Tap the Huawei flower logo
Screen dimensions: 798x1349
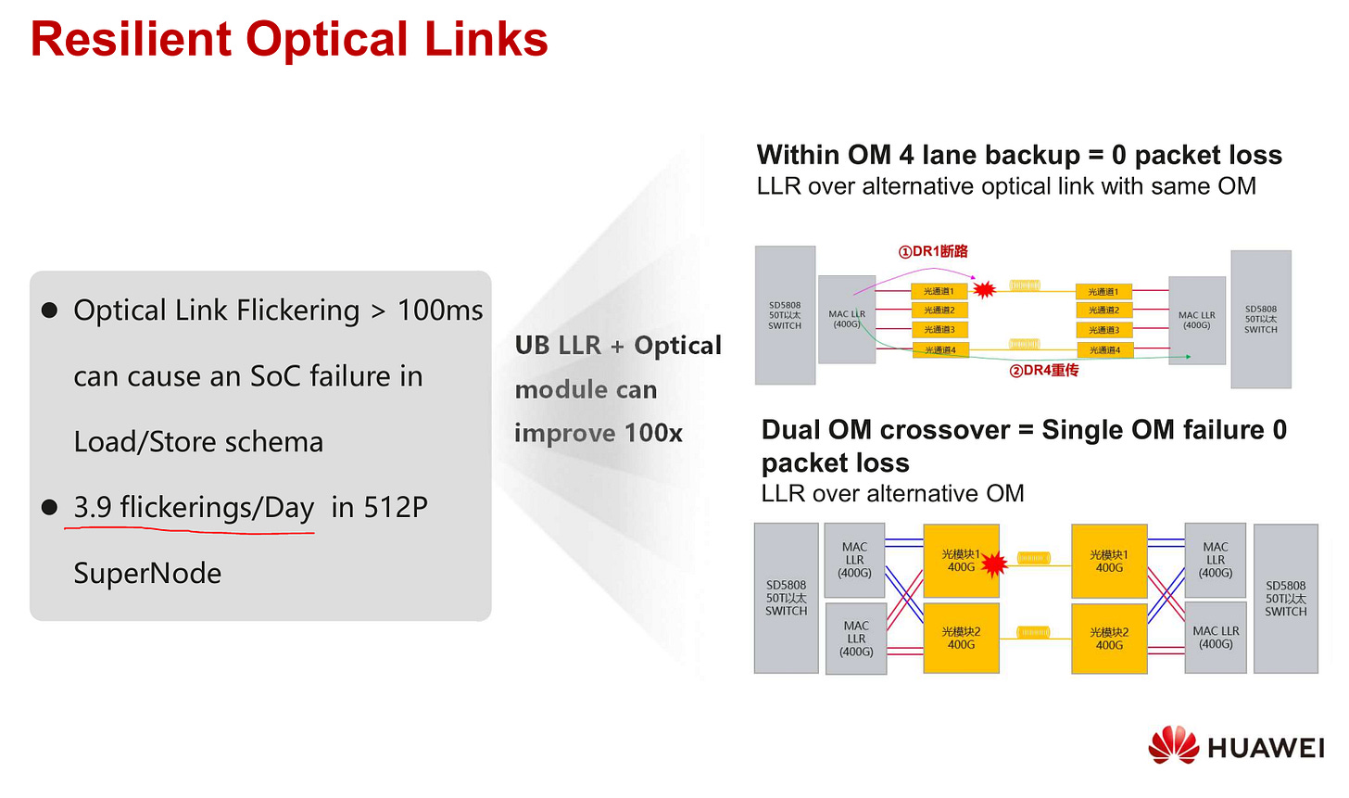point(1173,745)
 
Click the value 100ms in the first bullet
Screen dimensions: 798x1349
point(440,310)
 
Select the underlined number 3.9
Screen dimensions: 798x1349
point(93,507)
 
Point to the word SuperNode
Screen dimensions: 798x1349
point(147,574)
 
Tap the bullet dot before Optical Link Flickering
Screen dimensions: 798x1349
point(50,310)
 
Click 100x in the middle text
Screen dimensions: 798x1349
point(653,433)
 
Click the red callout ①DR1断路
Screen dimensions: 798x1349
point(933,251)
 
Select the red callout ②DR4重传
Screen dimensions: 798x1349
point(1044,371)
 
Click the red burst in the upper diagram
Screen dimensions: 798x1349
point(984,290)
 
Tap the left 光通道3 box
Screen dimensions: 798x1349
point(939,330)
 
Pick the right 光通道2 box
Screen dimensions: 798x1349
point(1103,310)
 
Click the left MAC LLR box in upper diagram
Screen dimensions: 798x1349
point(847,319)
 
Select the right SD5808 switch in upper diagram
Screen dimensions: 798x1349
point(1260,319)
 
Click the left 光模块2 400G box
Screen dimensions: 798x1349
point(961,638)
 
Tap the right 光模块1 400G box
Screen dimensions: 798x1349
point(1109,561)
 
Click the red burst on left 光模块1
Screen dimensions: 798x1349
point(994,563)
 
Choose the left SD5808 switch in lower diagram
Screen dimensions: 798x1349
point(786,598)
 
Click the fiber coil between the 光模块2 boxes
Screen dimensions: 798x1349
point(1034,633)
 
